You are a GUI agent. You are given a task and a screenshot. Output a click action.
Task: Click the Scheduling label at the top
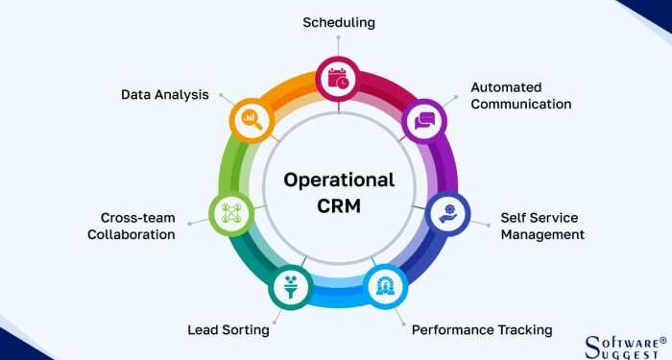point(338,21)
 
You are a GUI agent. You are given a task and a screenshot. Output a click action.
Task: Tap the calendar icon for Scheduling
point(338,80)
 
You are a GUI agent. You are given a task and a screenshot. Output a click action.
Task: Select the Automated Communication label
point(520,95)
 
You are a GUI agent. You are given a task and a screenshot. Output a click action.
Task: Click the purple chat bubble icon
point(423,121)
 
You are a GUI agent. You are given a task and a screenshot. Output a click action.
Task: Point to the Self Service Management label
point(542,226)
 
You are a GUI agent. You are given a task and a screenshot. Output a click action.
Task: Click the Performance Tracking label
point(482,329)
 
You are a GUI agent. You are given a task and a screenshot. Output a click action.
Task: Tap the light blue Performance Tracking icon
point(387,286)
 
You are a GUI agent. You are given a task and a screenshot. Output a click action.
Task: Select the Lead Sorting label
point(228,329)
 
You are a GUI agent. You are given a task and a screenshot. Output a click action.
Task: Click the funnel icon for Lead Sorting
point(289,286)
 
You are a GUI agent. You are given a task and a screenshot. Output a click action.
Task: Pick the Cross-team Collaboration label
point(132,226)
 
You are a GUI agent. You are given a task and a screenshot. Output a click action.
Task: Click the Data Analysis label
point(164,94)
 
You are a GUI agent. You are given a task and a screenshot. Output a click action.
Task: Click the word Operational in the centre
point(339,180)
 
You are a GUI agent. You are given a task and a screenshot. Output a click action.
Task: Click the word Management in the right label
point(542,233)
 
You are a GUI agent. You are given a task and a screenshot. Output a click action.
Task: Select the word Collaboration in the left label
point(132,234)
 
